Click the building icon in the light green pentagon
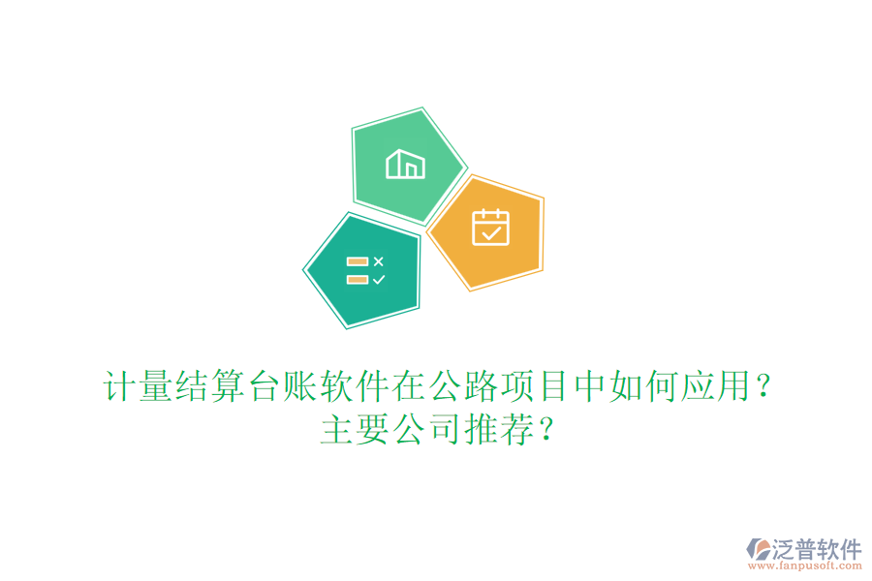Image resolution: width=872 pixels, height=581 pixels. coord(405,164)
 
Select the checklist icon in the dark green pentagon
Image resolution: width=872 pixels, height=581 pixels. coord(365,270)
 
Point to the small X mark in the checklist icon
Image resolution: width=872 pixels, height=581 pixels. coord(379,261)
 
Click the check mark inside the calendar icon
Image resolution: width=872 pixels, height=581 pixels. coord(491,232)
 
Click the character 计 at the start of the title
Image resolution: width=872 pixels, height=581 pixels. coord(118,387)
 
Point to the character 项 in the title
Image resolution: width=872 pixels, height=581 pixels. coord(516,387)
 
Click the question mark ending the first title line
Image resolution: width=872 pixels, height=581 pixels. coord(763,389)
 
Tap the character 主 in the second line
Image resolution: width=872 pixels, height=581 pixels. coord(336,430)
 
